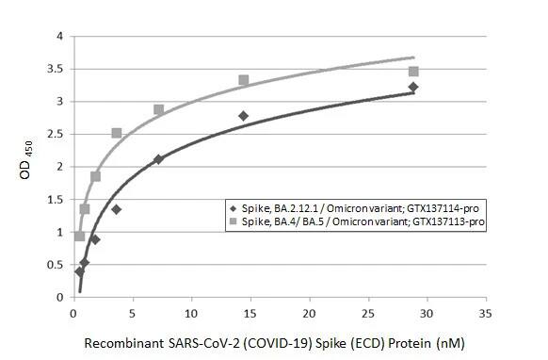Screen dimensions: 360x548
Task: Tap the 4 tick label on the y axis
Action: click(x=59, y=37)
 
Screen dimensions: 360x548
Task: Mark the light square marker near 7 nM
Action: click(x=158, y=110)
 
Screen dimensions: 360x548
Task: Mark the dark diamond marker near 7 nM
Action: click(x=158, y=159)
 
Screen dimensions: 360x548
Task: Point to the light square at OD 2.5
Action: click(x=117, y=134)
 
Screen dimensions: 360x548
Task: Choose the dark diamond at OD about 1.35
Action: click(x=117, y=209)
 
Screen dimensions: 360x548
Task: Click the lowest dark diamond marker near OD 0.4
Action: click(x=80, y=271)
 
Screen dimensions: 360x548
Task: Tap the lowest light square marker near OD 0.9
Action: click(x=80, y=237)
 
